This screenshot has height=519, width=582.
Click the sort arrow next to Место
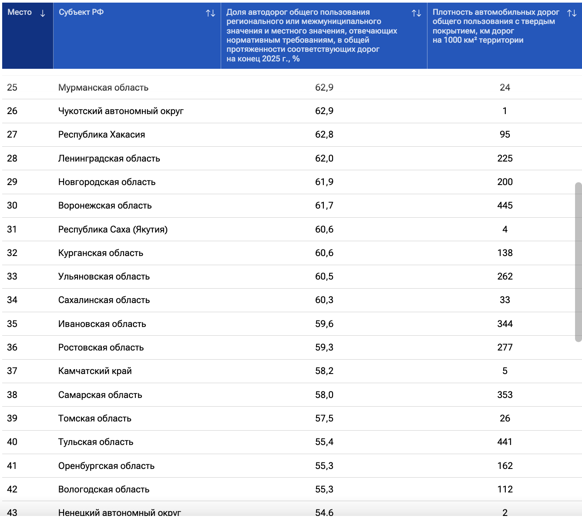43,13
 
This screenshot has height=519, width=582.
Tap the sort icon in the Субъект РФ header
210,13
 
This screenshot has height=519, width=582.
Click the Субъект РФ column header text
81,12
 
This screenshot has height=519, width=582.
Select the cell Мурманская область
103,88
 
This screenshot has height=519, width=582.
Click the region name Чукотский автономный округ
121,111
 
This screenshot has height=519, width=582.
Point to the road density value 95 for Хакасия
505,135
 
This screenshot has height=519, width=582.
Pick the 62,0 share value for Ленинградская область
324,158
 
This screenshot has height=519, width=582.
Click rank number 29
12,182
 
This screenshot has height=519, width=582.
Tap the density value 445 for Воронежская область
505,206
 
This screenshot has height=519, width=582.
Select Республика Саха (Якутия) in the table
113,229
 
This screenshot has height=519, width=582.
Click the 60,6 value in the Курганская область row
324,253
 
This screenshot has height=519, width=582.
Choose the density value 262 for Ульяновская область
505,276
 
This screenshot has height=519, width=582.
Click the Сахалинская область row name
104,300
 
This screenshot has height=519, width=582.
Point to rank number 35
12,324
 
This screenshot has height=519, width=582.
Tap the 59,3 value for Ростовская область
324,347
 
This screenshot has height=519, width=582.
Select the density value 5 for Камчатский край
505,371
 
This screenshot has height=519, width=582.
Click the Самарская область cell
100,395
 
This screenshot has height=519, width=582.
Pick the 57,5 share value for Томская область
324,418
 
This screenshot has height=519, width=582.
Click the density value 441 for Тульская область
505,442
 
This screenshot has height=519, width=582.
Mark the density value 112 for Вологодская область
505,489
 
